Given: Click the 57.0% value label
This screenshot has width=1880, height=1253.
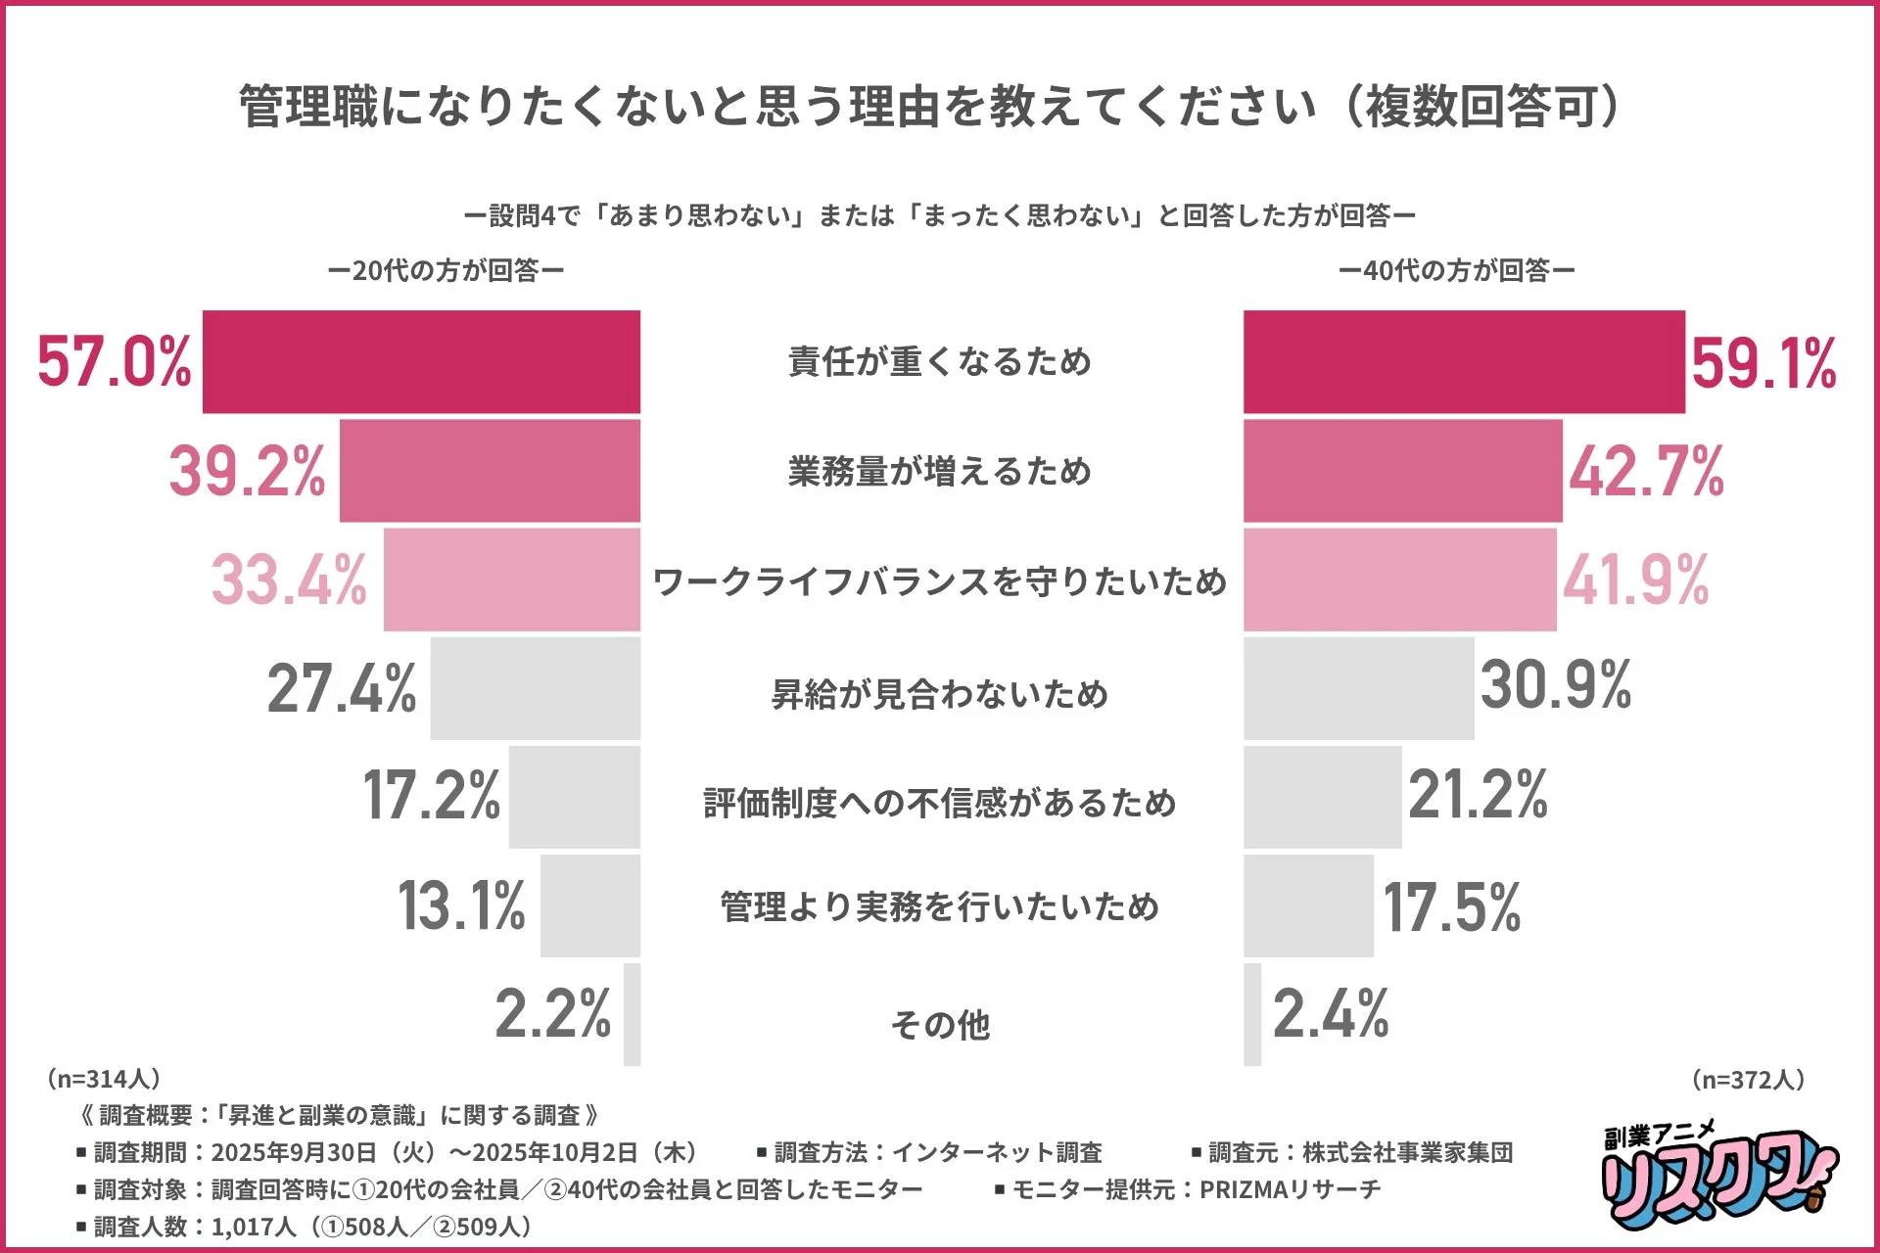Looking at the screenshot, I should tap(115, 362).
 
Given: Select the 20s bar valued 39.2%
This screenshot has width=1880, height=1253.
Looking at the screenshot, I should tap(490, 471).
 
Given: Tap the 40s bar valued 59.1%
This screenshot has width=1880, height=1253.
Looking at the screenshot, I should tap(1464, 362).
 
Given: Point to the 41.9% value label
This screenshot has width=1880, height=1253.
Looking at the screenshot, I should tap(1635, 580).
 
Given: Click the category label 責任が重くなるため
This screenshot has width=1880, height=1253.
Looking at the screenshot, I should tap(939, 362).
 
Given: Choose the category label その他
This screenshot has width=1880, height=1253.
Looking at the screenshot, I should tap(939, 1025).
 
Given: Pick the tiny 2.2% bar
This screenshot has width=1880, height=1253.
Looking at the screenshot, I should tap(632, 1014).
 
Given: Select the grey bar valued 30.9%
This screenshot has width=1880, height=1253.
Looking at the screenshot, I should tap(1358, 688).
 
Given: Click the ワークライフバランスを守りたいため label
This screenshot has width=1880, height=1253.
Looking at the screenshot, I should tap(939, 581).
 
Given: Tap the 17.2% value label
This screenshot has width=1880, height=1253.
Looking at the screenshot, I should tap(431, 795).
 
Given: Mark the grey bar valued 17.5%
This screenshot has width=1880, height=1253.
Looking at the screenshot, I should tap(1308, 905).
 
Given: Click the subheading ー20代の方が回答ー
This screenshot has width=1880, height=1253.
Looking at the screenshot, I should tap(446, 270).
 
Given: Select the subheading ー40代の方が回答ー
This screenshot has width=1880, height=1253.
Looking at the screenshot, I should tap(1456, 270).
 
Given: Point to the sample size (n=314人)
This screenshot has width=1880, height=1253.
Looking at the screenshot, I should tap(102, 1079).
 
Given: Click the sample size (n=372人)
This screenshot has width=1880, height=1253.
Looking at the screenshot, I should tap(1748, 1080).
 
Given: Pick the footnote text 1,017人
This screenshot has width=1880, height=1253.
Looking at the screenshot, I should tap(253, 1227).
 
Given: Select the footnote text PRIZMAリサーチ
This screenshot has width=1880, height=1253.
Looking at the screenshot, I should tap(1290, 1189).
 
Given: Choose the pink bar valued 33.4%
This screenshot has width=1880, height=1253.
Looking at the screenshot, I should tap(511, 580).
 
